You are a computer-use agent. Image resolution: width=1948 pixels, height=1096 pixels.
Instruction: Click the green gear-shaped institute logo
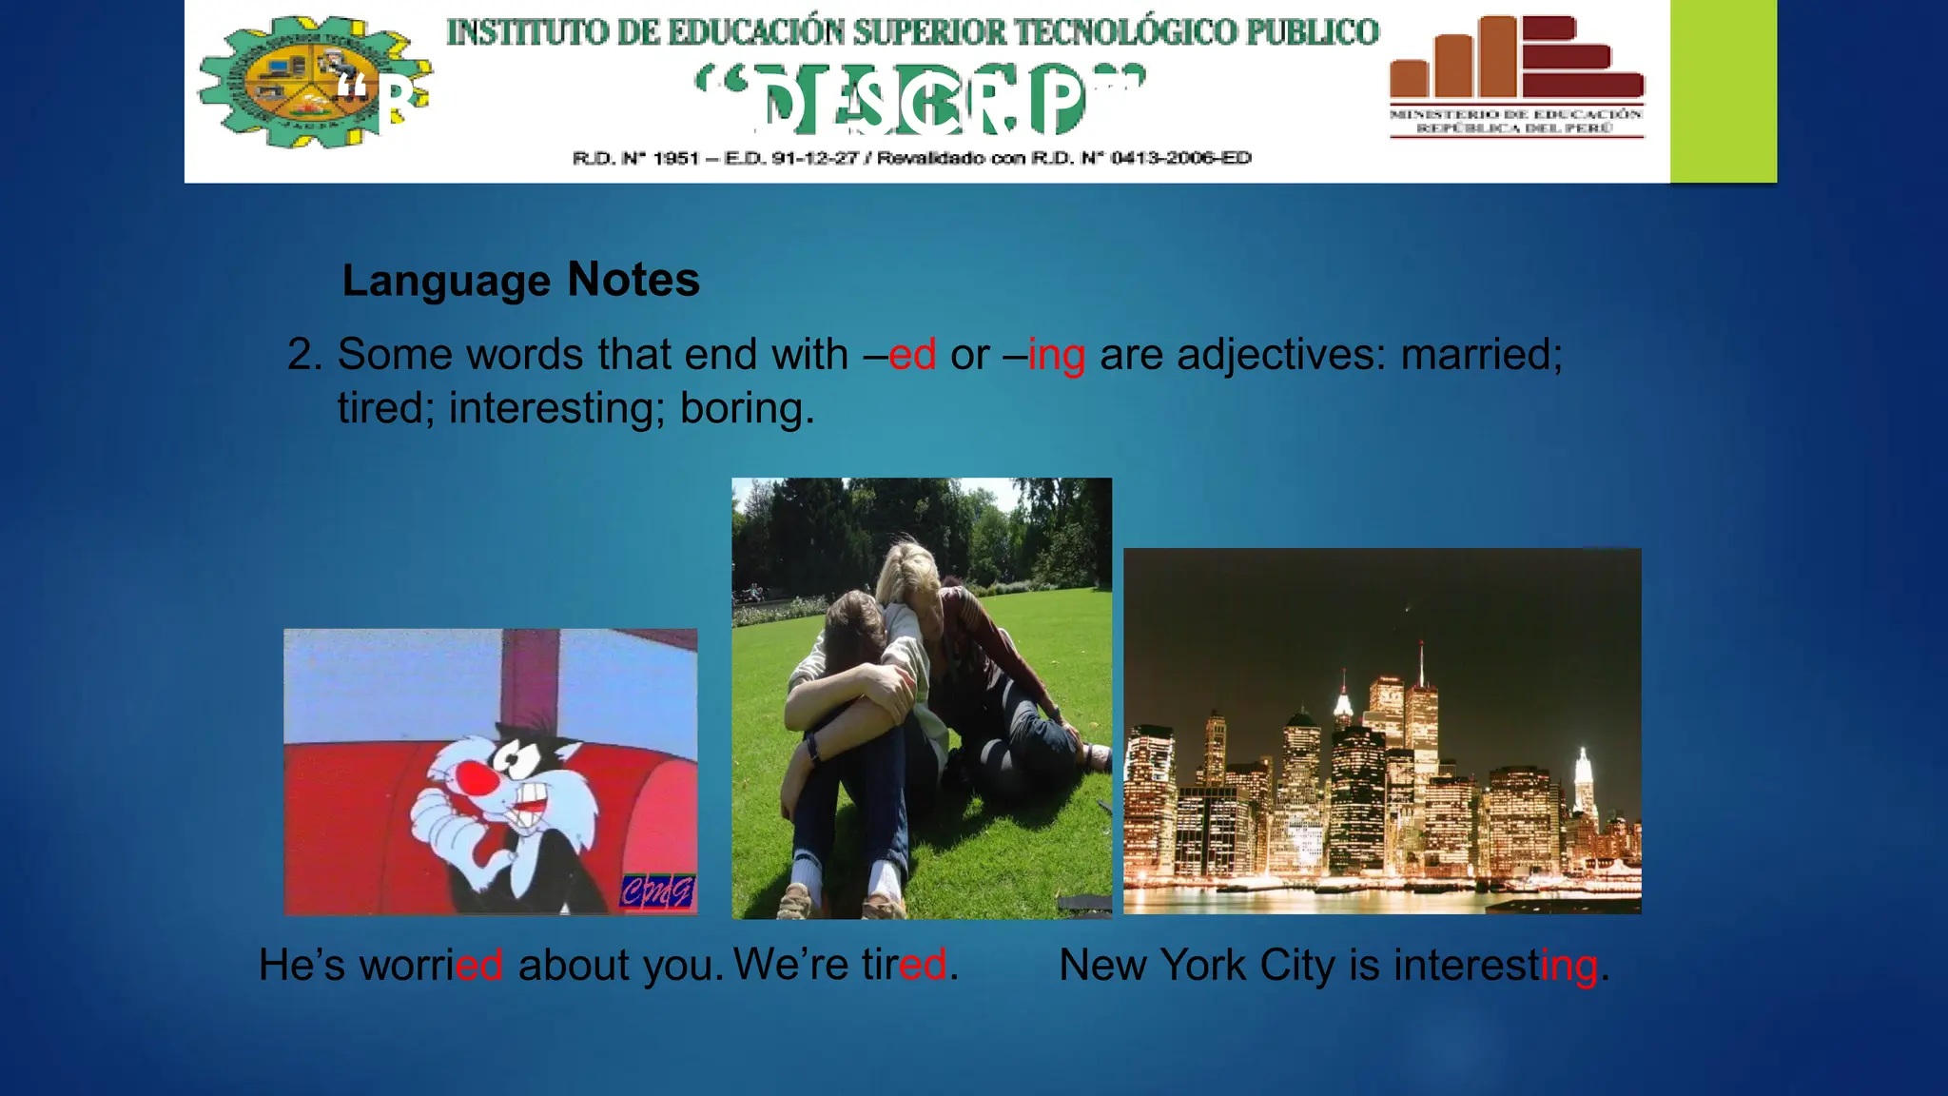pyautogui.click(x=309, y=84)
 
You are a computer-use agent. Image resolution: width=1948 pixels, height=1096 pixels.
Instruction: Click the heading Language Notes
pyautogui.click(x=520, y=281)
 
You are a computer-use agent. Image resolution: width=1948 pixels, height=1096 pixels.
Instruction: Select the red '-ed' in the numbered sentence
pyautogui.click(x=911, y=355)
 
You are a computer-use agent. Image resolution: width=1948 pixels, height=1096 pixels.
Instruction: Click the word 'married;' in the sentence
pyautogui.click(x=1481, y=355)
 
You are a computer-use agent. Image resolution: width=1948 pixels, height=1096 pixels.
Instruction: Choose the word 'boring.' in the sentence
pyautogui.click(x=747, y=409)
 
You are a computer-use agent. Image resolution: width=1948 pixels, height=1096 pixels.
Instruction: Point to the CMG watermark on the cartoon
pyautogui.click(x=657, y=891)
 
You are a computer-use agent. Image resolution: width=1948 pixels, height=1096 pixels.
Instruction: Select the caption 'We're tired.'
pyautogui.click(x=845, y=965)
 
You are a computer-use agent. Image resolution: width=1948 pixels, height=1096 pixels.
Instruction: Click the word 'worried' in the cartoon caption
pyautogui.click(x=430, y=966)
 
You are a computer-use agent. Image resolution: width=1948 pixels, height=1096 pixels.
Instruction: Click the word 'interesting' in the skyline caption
pyautogui.click(x=1495, y=966)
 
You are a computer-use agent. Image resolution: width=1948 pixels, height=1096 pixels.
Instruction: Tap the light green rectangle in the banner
pyautogui.click(x=1723, y=90)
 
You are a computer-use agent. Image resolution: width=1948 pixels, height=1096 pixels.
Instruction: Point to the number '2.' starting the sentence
pyautogui.click(x=305, y=355)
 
